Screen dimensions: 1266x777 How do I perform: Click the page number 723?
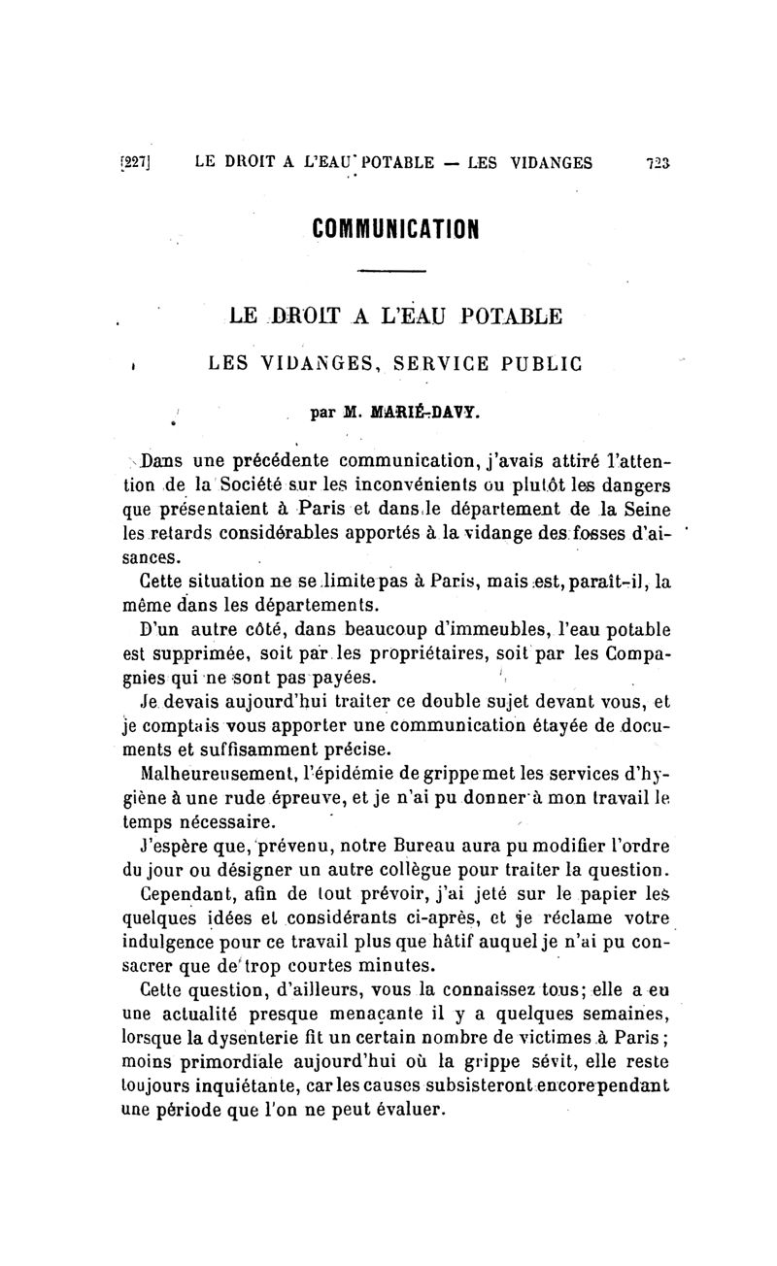pyautogui.click(x=658, y=163)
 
